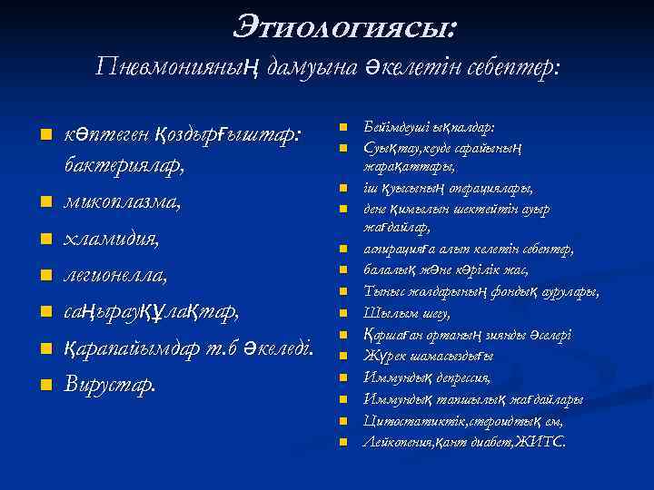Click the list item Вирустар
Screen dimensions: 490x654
(x=109, y=383)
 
